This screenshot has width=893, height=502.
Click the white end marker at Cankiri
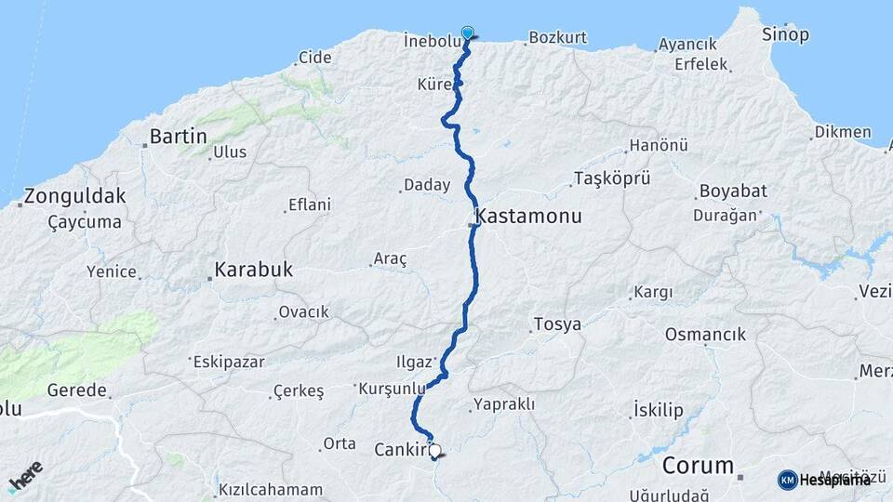(434, 450)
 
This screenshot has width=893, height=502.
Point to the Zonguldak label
(75, 196)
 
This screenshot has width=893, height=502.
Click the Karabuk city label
(253, 270)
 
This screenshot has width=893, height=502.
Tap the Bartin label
(178, 137)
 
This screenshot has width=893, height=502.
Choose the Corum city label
(699, 465)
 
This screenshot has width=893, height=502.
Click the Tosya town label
(557, 324)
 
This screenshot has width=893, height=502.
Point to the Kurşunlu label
(392, 388)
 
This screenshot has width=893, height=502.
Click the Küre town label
(433, 84)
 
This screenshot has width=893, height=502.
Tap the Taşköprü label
(611, 178)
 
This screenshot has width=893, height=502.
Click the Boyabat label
(730, 191)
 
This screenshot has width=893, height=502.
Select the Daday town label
(427, 185)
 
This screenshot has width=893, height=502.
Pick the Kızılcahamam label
(270, 489)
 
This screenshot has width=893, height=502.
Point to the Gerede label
(73, 390)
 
